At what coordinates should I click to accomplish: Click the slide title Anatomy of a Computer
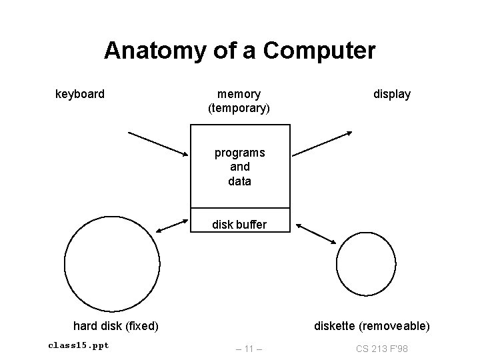click(x=240, y=51)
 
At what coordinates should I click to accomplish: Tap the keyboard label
click(x=79, y=94)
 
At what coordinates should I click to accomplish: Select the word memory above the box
click(x=239, y=94)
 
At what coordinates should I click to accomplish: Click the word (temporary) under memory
click(x=239, y=108)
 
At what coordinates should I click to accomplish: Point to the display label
click(x=392, y=94)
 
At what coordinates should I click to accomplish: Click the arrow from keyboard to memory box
click(x=159, y=144)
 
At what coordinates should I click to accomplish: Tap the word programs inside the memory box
click(x=239, y=153)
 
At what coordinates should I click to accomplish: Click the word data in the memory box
click(x=239, y=181)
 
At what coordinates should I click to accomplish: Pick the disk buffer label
click(x=239, y=225)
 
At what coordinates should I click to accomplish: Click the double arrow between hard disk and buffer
click(x=171, y=225)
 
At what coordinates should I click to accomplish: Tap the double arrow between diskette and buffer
click(x=317, y=233)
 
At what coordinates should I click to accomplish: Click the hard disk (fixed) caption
click(x=115, y=326)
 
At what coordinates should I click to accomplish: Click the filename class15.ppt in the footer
click(x=79, y=345)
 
